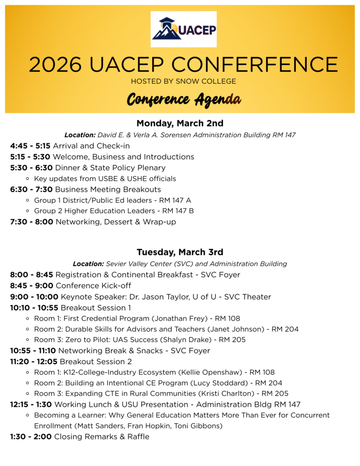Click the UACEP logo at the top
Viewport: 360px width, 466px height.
[183, 30]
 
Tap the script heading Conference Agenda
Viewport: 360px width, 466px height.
[183, 99]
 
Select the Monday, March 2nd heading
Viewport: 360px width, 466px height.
[180, 123]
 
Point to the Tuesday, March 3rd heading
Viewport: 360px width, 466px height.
[180, 252]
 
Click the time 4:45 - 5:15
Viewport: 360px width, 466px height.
[30, 146]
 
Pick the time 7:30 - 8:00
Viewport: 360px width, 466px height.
[31, 222]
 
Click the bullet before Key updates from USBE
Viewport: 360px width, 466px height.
[28, 179]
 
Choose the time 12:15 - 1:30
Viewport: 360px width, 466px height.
[31, 405]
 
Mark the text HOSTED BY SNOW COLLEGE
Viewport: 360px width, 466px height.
[183, 81]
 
